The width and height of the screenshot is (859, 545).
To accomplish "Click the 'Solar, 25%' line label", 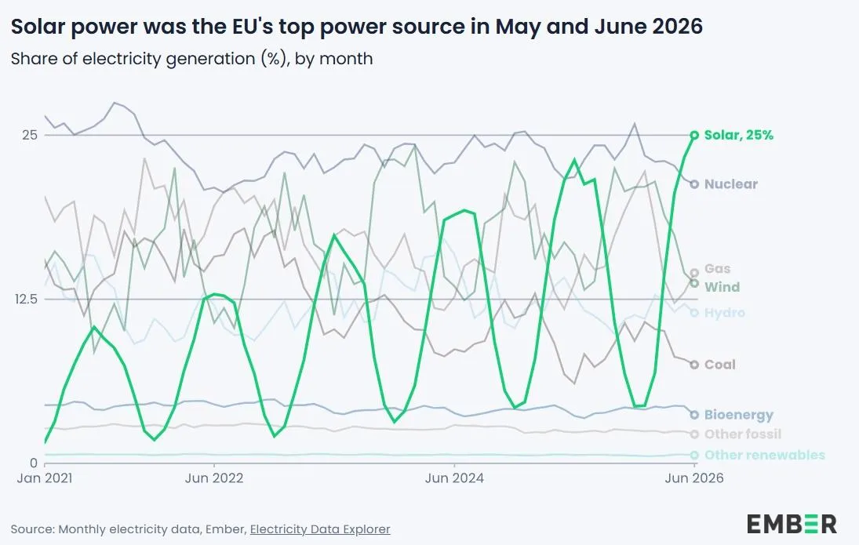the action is click(738, 136).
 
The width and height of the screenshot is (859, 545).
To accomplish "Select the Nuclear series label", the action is click(731, 184).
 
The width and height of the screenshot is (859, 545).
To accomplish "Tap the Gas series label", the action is click(717, 269).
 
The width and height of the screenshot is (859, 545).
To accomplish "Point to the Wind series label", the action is click(722, 287).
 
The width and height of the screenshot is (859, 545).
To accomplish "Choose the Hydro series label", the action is click(724, 313).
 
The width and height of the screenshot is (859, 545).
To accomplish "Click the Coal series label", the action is click(720, 365).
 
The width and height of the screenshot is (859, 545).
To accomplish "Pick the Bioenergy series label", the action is click(738, 415).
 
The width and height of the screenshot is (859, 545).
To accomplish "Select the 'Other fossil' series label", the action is click(742, 434).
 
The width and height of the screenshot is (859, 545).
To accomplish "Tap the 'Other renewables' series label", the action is click(764, 455).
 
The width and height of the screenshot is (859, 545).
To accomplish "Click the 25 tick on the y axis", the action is click(30, 135).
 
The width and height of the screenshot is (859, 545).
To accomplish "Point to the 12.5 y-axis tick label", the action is click(27, 299).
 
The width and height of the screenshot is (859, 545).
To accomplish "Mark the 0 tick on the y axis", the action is click(34, 463).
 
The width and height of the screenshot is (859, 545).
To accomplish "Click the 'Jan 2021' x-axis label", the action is click(45, 478).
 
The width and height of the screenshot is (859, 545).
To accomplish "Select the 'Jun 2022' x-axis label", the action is click(213, 478).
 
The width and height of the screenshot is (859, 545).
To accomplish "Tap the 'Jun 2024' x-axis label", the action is click(454, 478).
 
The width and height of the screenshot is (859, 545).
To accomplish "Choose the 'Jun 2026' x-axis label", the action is click(694, 478).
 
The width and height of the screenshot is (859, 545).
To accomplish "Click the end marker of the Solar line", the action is click(694, 136).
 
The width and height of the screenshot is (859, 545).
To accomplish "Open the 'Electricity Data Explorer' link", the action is click(320, 529).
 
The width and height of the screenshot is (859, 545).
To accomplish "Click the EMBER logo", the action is click(792, 524).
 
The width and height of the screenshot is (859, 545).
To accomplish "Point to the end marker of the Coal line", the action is click(694, 365).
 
